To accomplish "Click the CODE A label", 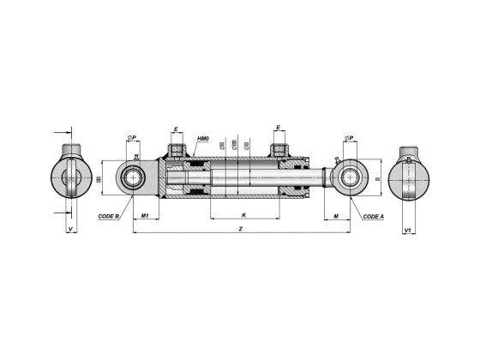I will click(373, 217).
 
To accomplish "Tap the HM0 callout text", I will click(203, 138).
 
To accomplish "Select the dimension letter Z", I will click(242, 229).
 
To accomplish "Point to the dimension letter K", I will click(243, 213).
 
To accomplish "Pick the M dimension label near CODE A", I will click(336, 214).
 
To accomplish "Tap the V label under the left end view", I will click(69, 229).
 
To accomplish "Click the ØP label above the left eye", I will click(133, 137).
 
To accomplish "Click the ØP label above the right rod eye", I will click(350, 137).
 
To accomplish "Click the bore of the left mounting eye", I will click(135, 179).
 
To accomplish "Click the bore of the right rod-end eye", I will click(350, 179).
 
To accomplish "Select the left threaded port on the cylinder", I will click(177, 152).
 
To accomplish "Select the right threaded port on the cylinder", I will click(279, 152).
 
